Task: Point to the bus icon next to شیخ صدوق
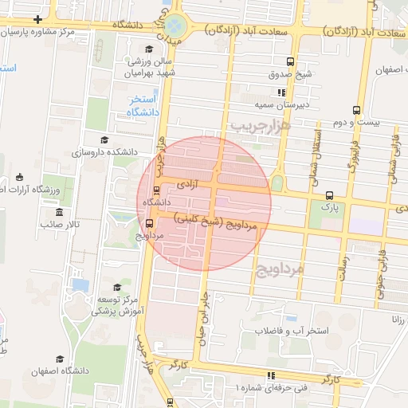click(x=291, y=62)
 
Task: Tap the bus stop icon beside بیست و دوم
click(x=356, y=110)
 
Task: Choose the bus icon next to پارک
click(x=329, y=195)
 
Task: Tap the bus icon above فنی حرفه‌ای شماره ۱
click(x=271, y=375)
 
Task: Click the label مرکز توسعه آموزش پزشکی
click(x=119, y=304)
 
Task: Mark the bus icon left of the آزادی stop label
click(x=155, y=190)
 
